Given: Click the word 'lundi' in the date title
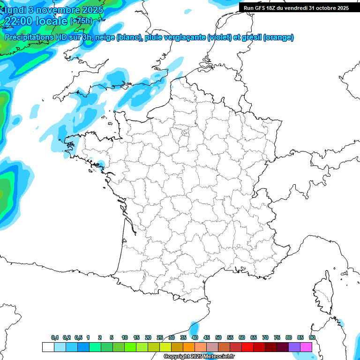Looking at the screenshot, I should coord(15,9).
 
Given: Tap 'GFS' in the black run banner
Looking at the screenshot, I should coord(262,8).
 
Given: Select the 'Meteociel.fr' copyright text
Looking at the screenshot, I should coord(216,357).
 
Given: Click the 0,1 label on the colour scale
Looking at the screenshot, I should coord(55,337).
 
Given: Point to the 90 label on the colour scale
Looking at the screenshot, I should coord(312,337).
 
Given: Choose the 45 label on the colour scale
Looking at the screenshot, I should coord(207,337).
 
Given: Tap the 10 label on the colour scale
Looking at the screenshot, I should coord(124,337).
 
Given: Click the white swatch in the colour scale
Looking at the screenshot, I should coord(48,347).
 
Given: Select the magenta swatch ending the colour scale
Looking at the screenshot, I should coord(306,347).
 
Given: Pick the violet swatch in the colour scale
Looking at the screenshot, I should coord(294,347).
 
